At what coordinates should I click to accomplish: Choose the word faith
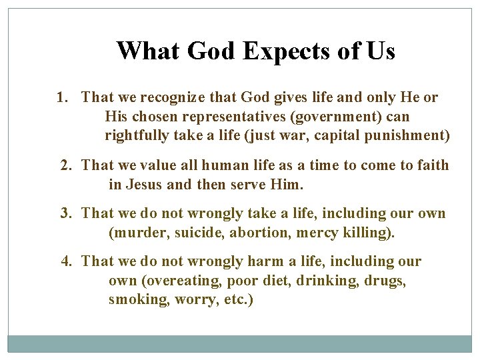tap(431, 165)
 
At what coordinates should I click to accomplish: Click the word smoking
tap(139, 299)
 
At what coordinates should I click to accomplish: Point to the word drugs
tap(385, 281)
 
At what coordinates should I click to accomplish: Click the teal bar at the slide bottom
tap(240, 343)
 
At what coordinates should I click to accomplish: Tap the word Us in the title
tap(380, 51)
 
